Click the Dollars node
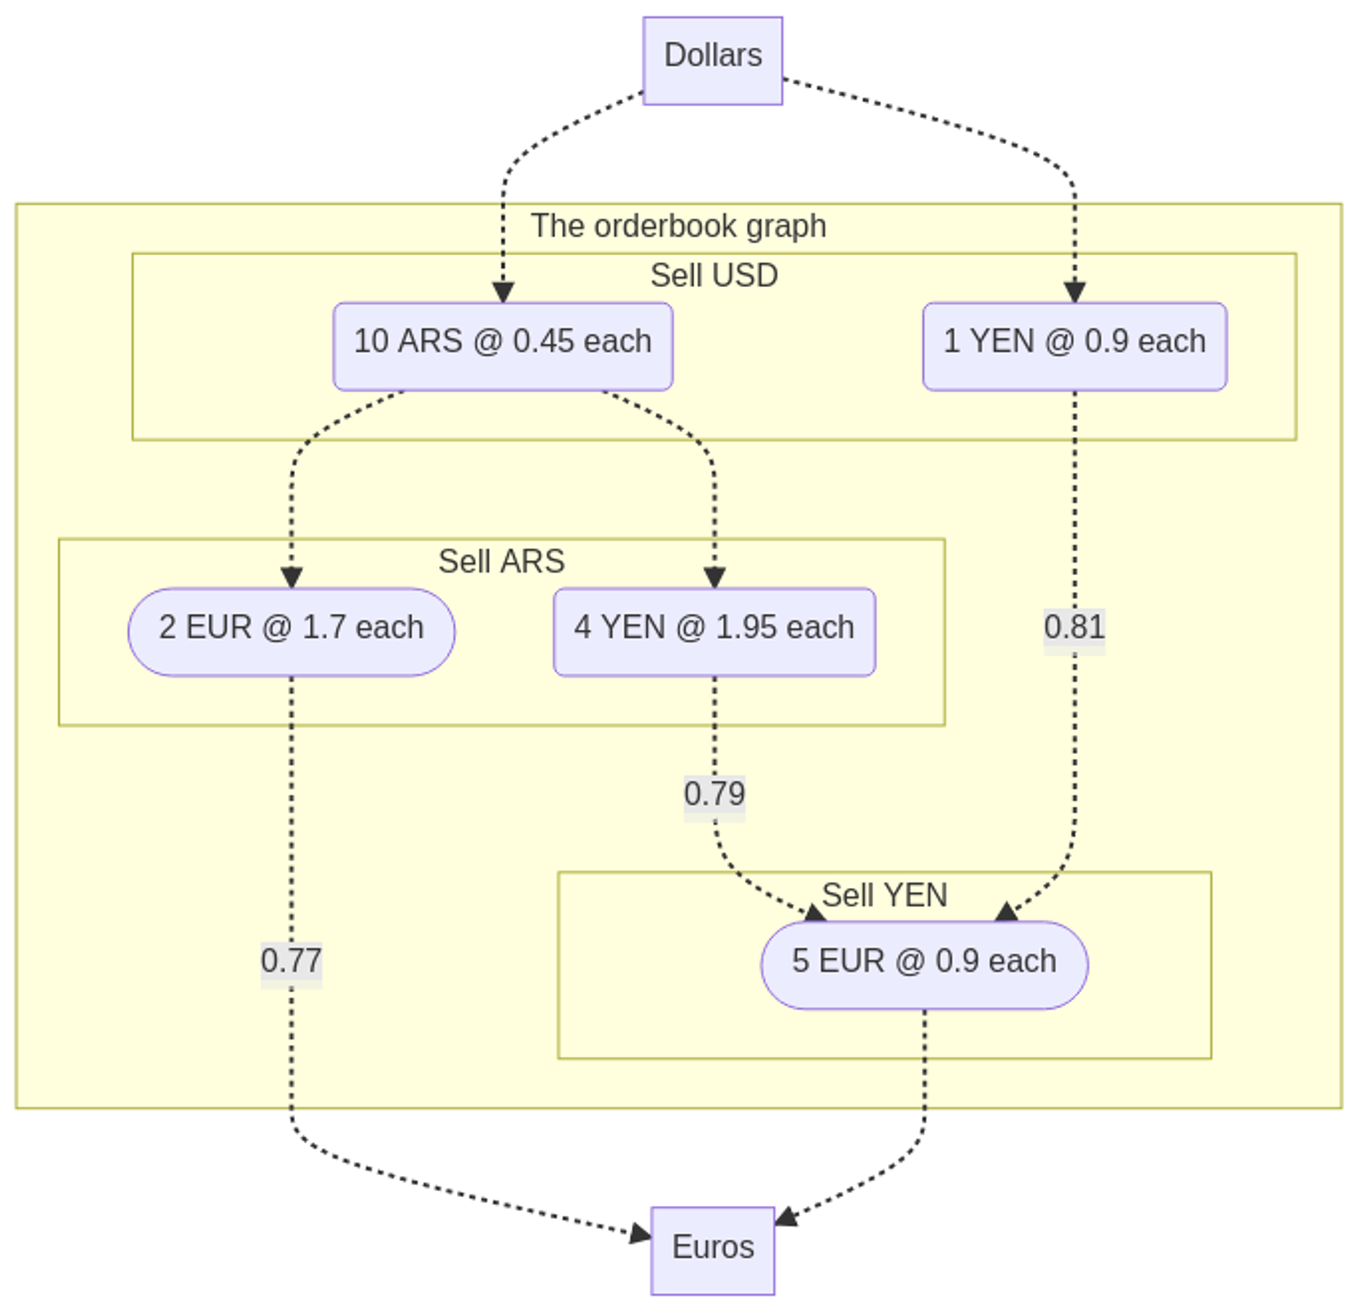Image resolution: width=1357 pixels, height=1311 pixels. [712, 60]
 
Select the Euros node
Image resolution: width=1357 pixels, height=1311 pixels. [712, 1250]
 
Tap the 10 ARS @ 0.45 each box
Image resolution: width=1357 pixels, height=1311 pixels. [503, 346]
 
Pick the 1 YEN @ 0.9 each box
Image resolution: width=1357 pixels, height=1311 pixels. [1074, 346]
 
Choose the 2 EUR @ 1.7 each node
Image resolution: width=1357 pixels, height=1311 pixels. [292, 632]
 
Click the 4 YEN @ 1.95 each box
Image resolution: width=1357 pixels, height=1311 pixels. [714, 632]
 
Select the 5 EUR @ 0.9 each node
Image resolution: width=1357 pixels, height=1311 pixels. [924, 965]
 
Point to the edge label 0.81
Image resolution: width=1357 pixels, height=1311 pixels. [1074, 626]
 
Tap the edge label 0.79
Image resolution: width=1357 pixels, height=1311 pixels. [714, 793]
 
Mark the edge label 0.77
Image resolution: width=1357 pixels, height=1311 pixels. [292, 960]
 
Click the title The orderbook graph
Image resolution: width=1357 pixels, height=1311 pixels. [678, 226]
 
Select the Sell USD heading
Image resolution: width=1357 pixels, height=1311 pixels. [714, 276]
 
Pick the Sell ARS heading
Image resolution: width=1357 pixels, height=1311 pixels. [502, 561]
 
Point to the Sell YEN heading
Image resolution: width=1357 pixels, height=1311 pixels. [884, 895]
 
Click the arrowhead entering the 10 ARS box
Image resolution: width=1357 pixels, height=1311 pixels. [503, 293]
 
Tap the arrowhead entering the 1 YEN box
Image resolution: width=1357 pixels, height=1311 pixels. [1074, 293]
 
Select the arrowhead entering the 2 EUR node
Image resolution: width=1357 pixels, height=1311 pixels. [292, 579]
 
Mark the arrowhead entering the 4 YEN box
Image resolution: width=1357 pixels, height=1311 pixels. [714, 579]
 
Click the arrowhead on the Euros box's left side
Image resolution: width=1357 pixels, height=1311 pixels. [641, 1233]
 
